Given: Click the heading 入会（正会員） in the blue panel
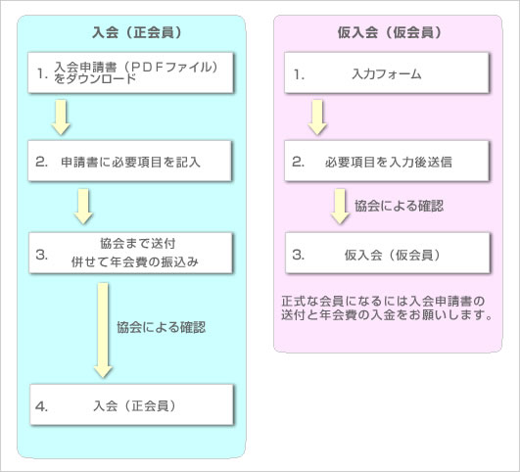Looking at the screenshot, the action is (x=137, y=32).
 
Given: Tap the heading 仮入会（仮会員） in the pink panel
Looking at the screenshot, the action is (x=390, y=32).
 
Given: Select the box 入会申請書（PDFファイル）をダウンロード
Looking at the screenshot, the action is (x=130, y=72).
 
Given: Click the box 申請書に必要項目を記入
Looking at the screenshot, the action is (x=129, y=162).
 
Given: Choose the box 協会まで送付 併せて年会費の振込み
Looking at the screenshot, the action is (x=130, y=253).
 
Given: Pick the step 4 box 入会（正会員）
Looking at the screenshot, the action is (x=131, y=404).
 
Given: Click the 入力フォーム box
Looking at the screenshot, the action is (x=387, y=72).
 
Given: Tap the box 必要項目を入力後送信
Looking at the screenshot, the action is (x=387, y=162).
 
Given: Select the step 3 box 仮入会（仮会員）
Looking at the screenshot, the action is (x=388, y=253).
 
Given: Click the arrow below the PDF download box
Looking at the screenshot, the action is (x=61, y=118).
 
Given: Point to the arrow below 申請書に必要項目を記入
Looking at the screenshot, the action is (x=83, y=207).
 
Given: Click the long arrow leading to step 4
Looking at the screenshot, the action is (x=103, y=330).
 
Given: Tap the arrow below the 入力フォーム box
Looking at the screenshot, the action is (x=317, y=118).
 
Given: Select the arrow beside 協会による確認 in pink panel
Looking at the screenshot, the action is (x=340, y=207).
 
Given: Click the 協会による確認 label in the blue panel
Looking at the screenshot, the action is (x=162, y=327).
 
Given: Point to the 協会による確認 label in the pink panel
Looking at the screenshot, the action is (x=399, y=206).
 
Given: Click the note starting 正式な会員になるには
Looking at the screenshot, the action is (x=387, y=307).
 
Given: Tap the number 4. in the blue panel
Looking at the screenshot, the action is (x=41, y=406).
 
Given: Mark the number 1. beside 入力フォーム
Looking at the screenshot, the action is (x=299, y=74).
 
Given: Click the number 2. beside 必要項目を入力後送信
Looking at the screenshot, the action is (x=298, y=162).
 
